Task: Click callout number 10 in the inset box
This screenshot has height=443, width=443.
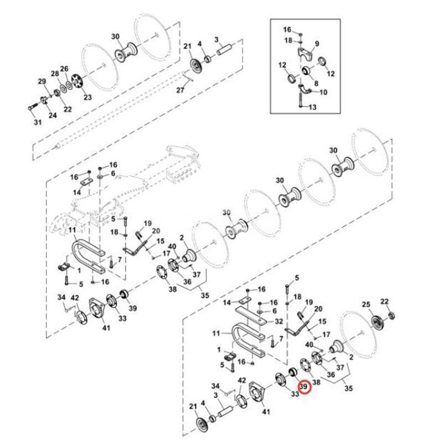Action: tap(323, 92)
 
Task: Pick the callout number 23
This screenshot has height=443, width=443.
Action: tap(87, 97)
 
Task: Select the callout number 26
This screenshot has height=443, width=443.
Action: tap(64, 69)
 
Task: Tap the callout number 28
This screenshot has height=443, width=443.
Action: tap(55, 74)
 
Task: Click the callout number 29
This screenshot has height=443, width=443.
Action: tap(42, 82)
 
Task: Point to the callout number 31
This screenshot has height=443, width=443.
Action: tap(37, 122)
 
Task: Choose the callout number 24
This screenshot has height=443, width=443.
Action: tap(53, 115)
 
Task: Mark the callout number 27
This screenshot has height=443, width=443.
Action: tap(181, 90)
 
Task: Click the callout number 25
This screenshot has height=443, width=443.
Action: tap(365, 304)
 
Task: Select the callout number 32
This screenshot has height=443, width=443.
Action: tap(279, 321)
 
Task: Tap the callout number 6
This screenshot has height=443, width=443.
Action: tap(112, 173)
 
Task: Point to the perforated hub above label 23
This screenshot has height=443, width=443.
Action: tap(77, 82)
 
